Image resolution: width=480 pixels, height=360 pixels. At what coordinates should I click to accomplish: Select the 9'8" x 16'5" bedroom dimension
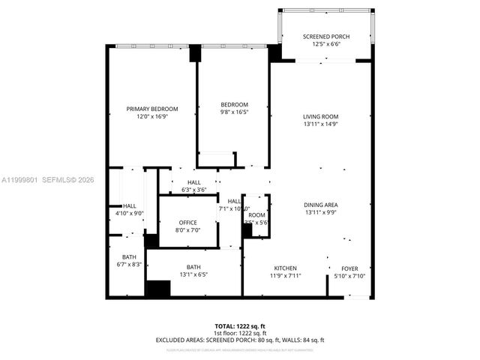coord(234,112)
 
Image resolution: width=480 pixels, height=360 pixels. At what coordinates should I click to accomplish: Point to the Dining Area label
coord(321,205)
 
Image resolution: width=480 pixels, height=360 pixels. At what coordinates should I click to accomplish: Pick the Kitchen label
coord(285,268)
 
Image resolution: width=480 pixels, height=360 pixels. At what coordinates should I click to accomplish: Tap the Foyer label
coord(349,268)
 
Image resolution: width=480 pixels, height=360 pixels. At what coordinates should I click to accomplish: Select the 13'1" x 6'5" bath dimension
coord(193,274)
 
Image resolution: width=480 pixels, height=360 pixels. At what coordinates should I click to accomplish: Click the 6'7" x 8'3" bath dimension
coord(129,265)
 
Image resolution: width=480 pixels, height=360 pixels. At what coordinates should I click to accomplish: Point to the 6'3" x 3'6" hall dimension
coord(193,190)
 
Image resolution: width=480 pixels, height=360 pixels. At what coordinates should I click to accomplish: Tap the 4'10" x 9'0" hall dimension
coord(129,214)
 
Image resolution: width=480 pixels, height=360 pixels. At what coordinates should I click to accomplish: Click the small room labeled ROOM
coord(257,214)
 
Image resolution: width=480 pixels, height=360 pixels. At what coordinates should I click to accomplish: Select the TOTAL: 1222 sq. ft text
coord(240,326)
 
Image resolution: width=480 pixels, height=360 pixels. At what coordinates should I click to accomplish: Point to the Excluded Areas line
coord(240,340)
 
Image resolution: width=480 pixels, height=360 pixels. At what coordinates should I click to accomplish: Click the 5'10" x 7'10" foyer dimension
coord(349,275)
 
